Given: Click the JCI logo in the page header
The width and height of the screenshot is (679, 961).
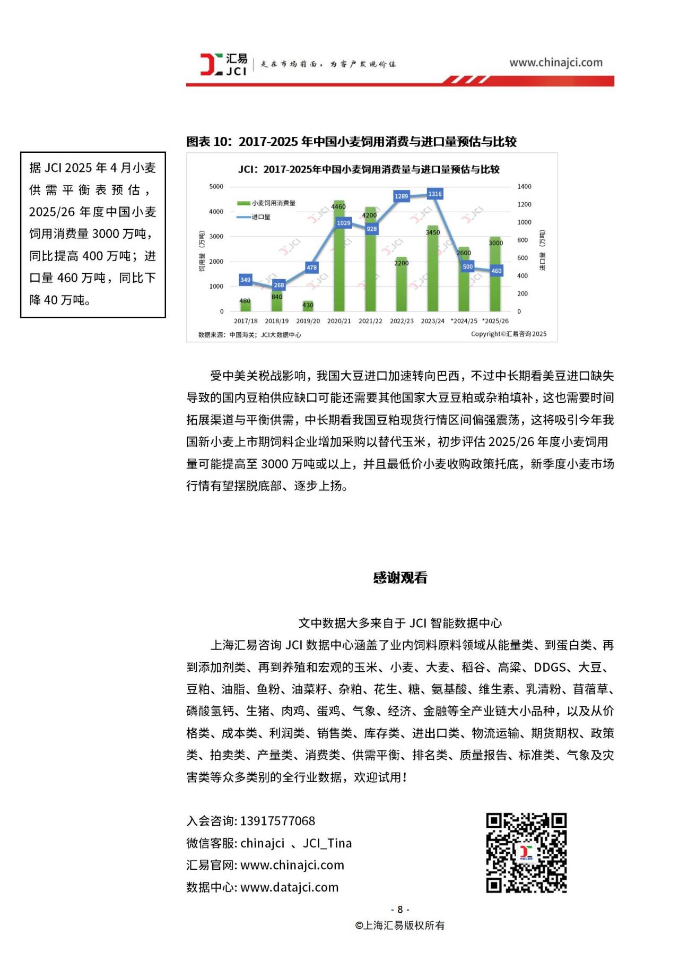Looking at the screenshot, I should pos(223,64).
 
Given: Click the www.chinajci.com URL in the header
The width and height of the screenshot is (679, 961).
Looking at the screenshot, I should pos(555,63).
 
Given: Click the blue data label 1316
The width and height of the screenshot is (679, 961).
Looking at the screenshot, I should pos(435,194).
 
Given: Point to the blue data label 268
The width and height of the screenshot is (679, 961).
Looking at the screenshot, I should pos(279,285).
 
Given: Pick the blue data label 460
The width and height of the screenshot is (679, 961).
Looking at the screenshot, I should pos(496,271).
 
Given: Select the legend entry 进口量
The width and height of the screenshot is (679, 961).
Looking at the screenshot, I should pos(260,217).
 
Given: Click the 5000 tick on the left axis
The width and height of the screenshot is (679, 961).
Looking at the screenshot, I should pos(216,187).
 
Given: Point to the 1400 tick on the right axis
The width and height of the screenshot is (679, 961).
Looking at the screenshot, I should pos(524,187).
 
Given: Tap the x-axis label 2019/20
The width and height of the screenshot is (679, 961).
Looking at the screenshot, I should pos(308,321).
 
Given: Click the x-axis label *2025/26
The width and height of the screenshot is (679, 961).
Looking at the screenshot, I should pos(495,321).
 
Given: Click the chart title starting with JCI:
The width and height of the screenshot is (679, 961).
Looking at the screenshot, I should pos(369,169).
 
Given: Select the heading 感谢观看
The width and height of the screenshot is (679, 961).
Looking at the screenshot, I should pos(400,577).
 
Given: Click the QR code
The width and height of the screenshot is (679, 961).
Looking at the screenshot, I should pos(526,852).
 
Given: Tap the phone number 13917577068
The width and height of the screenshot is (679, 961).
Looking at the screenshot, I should pos(277,821).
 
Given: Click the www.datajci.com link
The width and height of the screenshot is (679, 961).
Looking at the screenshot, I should pos(289,887).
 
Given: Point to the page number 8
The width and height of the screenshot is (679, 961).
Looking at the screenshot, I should pos(400,909).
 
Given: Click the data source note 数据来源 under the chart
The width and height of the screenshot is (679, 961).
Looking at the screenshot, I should pos(249,335).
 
